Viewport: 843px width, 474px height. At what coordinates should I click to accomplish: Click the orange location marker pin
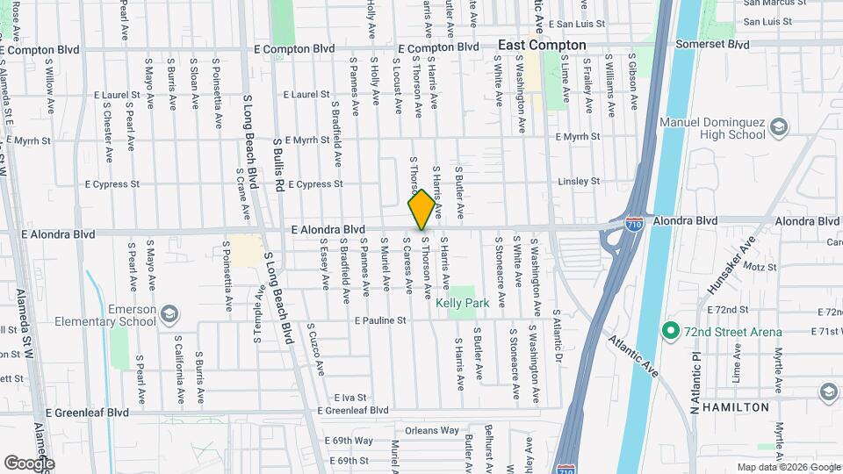pyautogui.click(x=421, y=209)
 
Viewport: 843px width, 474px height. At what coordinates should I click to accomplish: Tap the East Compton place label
pyautogui.click(x=542, y=45)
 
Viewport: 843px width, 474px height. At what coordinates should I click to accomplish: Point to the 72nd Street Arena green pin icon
pyautogui.click(x=670, y=331)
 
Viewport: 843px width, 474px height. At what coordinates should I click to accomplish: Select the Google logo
pyautogui.click(x=29, y=463)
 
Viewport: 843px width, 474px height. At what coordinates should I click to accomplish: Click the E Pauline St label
pyautogui.click(x=380, y=321)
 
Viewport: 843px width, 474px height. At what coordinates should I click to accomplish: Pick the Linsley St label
pyautogui.click(x=579, y=182)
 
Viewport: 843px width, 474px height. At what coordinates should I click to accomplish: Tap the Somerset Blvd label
pyautogui.click(x=713, y=44)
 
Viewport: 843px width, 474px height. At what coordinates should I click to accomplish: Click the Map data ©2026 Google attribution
pyautogui.click(x=788, y=467)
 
